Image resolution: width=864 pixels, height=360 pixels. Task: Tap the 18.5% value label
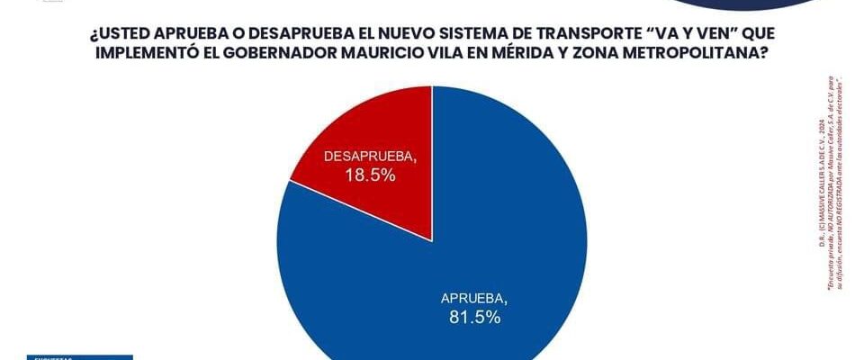click(370, 175)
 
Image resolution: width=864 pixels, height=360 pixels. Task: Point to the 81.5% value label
click(475, 317)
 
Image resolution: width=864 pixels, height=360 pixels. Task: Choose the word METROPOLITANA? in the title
click(692, 54)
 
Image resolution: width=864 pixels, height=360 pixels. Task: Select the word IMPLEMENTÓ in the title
click(141, 54)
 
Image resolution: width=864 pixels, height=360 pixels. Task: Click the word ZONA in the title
click(609, 54)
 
